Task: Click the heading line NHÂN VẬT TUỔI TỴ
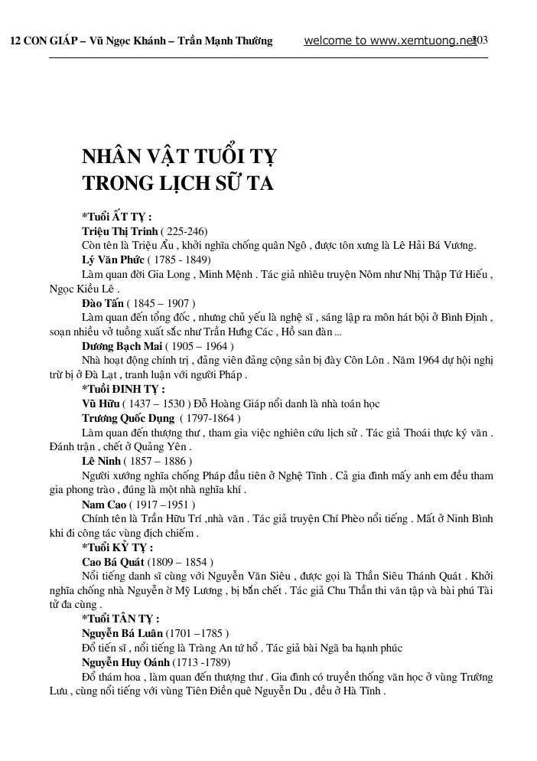pos(179,157)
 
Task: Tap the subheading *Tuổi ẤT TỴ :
pos(116,217)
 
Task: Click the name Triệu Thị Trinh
pos(119,230)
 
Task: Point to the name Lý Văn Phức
pos(112,260)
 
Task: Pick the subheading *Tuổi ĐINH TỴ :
pos(123,389)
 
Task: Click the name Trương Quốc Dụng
pos(128,418)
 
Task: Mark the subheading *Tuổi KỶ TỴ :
pos(117,547)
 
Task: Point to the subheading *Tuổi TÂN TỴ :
pos(121,619)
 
